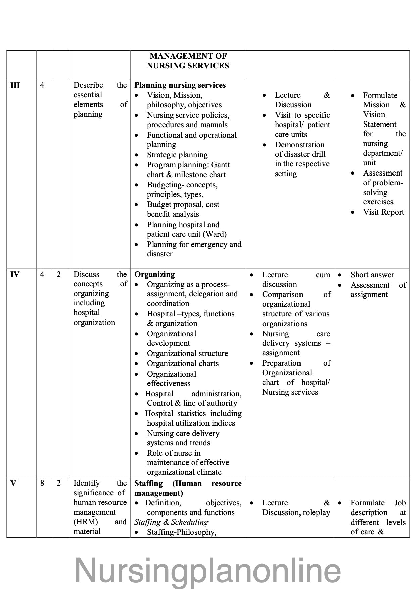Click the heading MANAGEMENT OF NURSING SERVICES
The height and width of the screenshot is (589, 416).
click(188, 61)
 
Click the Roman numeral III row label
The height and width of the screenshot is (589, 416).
click(15, 85)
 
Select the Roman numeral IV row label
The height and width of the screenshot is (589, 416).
click(15, 275)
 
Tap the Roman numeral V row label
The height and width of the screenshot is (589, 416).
click(13, 484)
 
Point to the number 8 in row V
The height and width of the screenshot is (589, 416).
click(42, 484)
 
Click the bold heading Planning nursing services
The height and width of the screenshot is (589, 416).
click(180, 85)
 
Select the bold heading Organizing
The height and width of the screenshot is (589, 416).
click(154, 274)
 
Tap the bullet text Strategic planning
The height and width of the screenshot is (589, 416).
click(177, 155)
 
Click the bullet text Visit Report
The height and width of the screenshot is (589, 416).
click(383, 212)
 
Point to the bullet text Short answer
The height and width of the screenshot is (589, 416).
click(372, 275)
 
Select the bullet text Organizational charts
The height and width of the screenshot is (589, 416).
click(183, 363)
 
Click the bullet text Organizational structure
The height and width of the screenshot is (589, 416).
click(187, 353)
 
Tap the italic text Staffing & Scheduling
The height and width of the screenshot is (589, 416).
click(171, 522)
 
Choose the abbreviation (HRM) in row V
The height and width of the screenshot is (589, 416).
click(86, 522)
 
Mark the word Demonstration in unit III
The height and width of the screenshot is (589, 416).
click(299, 145)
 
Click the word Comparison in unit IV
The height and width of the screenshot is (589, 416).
click(282, 294)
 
